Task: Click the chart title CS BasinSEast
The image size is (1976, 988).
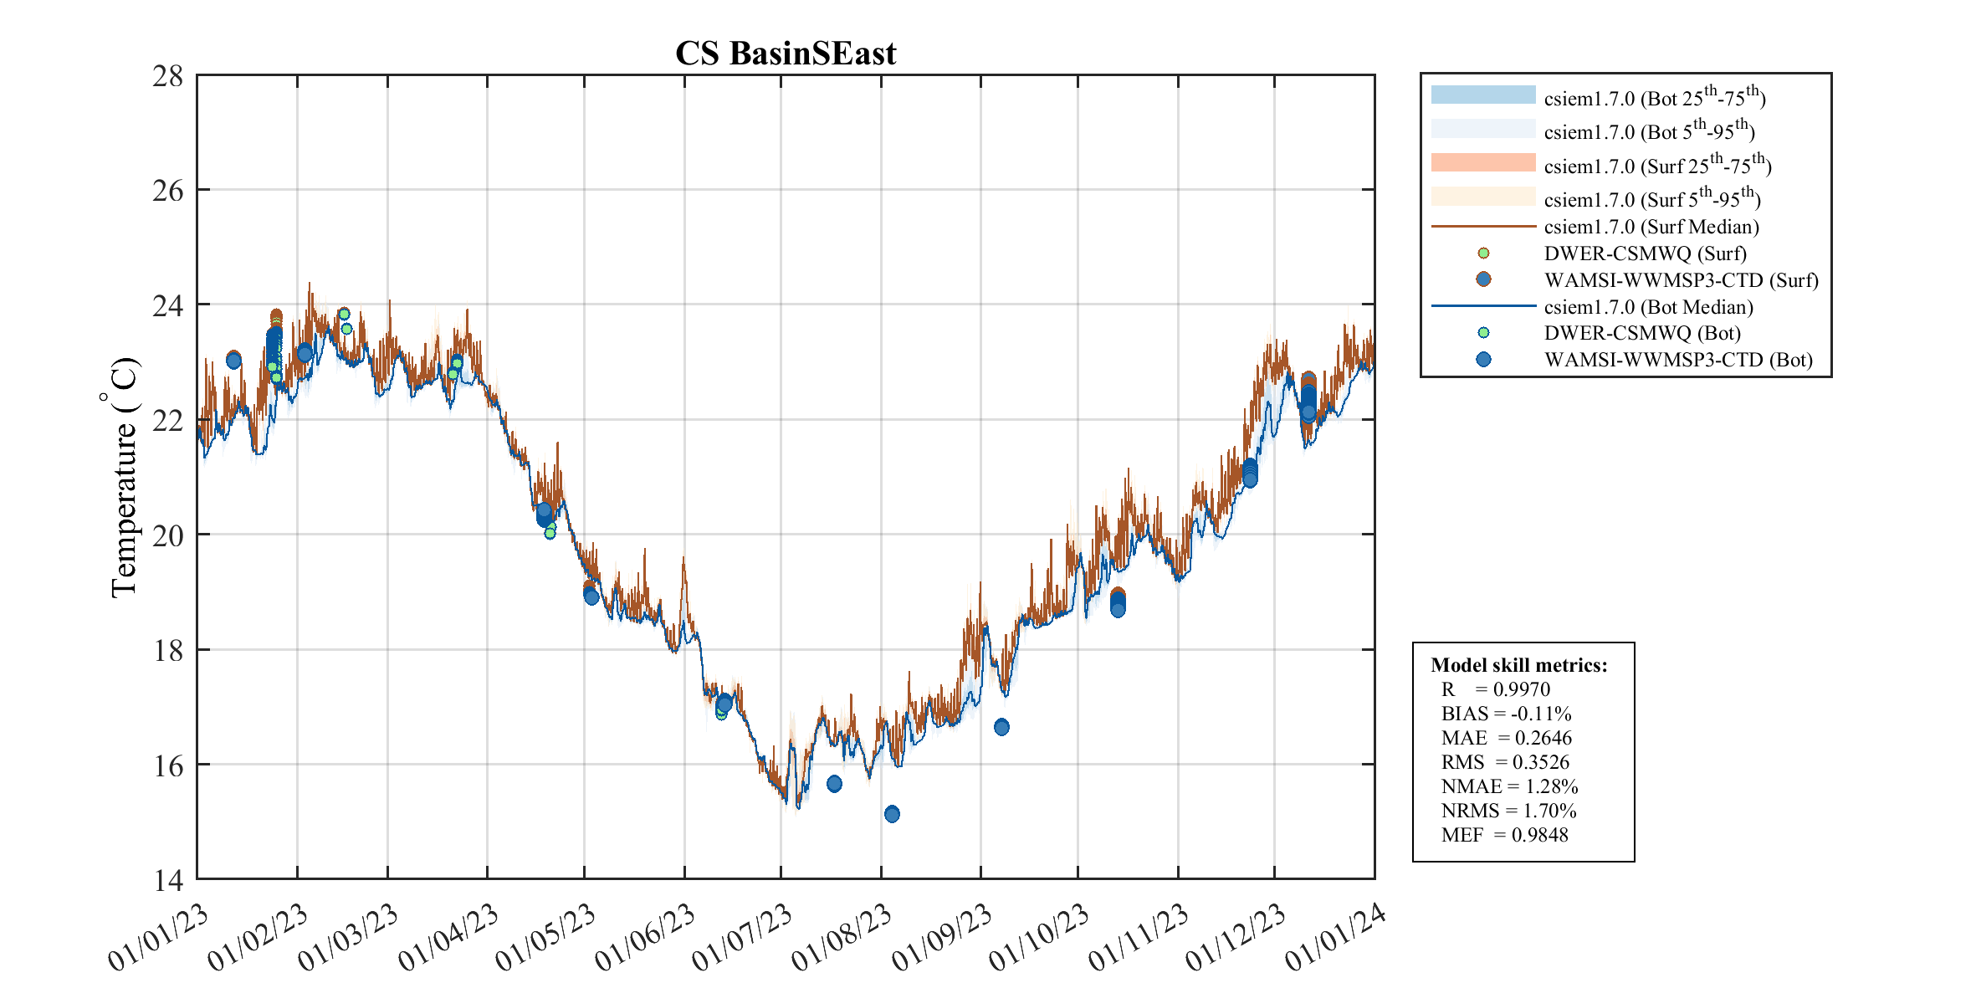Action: pos(785,54)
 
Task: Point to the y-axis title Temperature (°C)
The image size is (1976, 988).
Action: pos(122,477)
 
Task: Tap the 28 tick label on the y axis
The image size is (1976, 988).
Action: pos(167,76)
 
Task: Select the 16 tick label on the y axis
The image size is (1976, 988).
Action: pos(167,765)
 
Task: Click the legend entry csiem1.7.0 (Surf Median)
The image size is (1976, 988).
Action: pos(1651,227)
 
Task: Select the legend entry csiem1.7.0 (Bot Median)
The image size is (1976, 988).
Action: pos(1648,307)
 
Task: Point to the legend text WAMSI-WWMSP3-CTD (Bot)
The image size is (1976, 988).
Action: pos(1678,360)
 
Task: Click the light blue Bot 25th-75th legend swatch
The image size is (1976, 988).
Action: pos(1482,95)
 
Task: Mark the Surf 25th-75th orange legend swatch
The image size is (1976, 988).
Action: pos(1482,162)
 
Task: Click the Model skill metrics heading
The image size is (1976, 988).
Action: pos(1518,665)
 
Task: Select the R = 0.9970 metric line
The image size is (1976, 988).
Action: pos(1495,689)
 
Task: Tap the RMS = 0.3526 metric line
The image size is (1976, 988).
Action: pos(1505,762)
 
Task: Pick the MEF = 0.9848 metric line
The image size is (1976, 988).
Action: pos(1504,835)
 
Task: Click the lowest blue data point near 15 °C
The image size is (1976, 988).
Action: pos(892,814)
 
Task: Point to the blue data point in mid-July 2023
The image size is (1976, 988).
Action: pos(834,784)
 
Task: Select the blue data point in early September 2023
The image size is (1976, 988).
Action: pos(1001,727)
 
